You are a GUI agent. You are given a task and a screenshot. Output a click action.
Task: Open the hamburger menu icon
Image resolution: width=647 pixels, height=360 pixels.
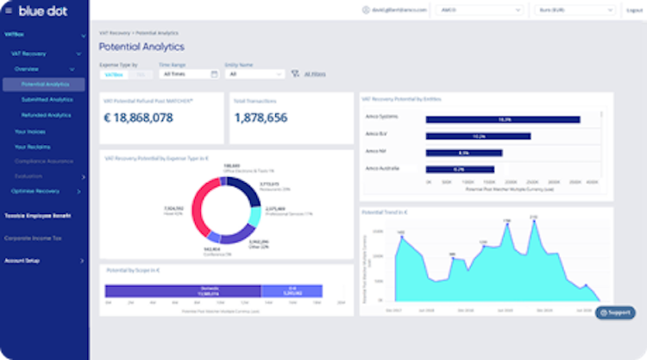[9, 11]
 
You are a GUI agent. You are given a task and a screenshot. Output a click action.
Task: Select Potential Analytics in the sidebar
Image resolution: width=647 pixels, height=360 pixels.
[45, 85]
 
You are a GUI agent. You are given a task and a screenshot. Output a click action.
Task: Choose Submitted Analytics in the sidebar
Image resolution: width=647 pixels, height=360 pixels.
[47, 99]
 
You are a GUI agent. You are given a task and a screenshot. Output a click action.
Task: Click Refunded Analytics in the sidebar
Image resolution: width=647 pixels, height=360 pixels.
[47, 114]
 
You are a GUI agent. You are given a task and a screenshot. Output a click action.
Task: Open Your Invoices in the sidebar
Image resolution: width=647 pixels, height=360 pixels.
[30, 131]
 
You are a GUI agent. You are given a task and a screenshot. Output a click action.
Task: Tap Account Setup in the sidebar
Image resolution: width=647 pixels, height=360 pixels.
[24, 260]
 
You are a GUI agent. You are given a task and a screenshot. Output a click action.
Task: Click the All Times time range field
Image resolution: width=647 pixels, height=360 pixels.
[188, 74]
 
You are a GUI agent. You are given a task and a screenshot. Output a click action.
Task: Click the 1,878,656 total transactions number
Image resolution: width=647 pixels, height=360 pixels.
[261, 118]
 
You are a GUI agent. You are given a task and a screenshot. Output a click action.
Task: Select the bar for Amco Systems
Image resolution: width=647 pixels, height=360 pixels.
[503, 119]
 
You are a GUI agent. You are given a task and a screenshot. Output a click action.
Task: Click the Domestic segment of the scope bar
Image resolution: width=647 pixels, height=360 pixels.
[210, 291]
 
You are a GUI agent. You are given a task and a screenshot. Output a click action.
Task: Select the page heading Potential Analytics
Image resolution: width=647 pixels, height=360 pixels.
[141, 47]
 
